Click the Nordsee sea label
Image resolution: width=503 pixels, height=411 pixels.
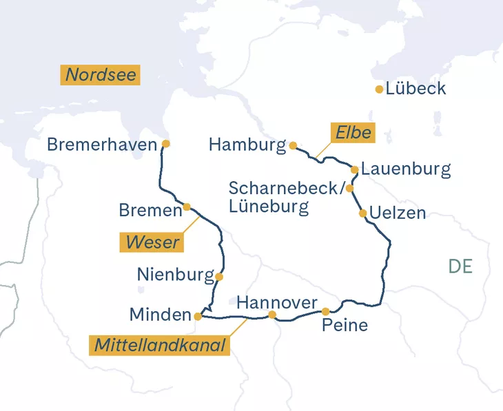click(101, 75)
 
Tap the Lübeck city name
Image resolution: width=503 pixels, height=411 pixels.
click(415, 89)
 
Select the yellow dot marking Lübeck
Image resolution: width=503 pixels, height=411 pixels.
click(379, 89)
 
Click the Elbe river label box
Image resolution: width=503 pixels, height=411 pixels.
click(353, 133)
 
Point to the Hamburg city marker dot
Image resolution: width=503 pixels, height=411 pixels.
click(293, 145)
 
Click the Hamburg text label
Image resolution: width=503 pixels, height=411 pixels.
click(247, 145)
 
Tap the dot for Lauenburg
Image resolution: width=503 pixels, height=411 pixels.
click(354, 169)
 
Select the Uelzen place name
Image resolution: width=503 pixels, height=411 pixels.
click(398, 213)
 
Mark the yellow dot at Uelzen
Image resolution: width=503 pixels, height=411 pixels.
click(362, 213)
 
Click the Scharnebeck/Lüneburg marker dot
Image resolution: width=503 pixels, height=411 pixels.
click(349, 188)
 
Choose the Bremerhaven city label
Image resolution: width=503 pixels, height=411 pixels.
click(101, 145)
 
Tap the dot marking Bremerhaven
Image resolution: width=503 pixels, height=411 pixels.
click(165, 144)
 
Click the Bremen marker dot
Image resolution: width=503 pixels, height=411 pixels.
click(187, 207)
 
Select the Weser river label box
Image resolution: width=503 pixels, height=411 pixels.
click(152, 242)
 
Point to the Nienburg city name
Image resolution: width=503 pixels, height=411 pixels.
click(175, 275)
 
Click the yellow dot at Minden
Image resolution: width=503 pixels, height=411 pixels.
click(198, 316)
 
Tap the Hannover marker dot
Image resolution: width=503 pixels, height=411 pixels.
click(272, 315)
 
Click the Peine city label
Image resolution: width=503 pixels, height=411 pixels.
click(345, 326)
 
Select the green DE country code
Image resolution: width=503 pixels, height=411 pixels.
click(460, 266)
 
